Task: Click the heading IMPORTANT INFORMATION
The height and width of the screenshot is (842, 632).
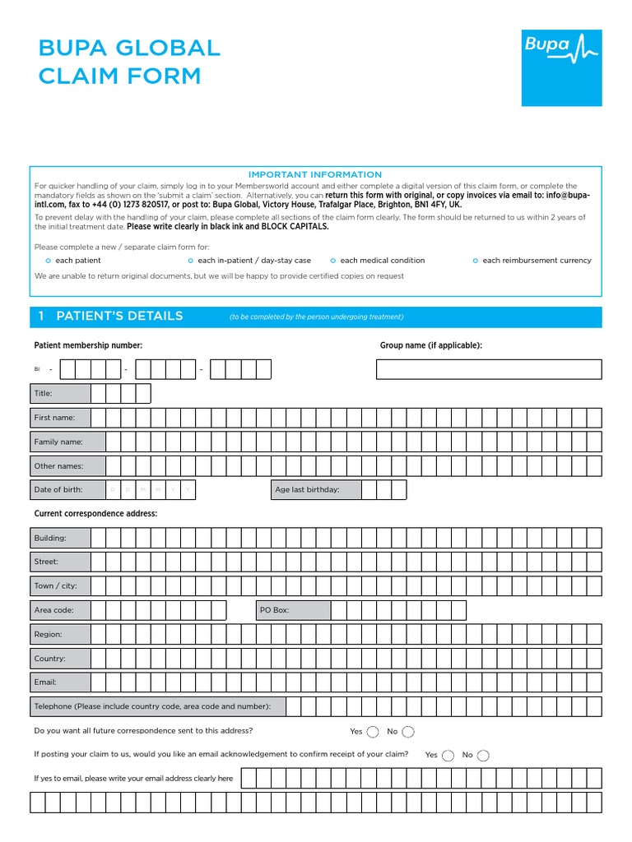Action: click(315, 174)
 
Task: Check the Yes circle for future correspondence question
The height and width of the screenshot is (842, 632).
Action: click(373, 732)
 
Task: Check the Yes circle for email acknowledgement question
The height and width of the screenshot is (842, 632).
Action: click(448, 755)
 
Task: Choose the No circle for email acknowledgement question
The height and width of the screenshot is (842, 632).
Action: click(483, 755)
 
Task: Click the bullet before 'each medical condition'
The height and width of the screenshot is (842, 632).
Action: click(333, 261)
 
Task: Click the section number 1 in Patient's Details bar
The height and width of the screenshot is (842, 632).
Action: click(40, 317)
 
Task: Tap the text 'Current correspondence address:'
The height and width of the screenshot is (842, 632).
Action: click(95, 514)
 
